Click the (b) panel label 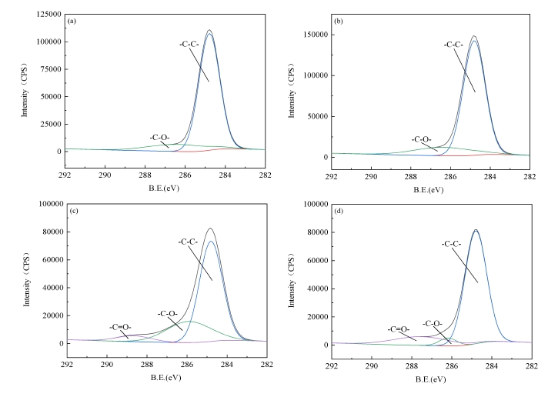(x=338, y=21)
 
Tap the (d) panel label (x=339, y=212)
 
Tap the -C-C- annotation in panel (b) (x=456, y=45)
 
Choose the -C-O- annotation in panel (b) (x=422, y=140)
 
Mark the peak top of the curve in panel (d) (x=476, y=229)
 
